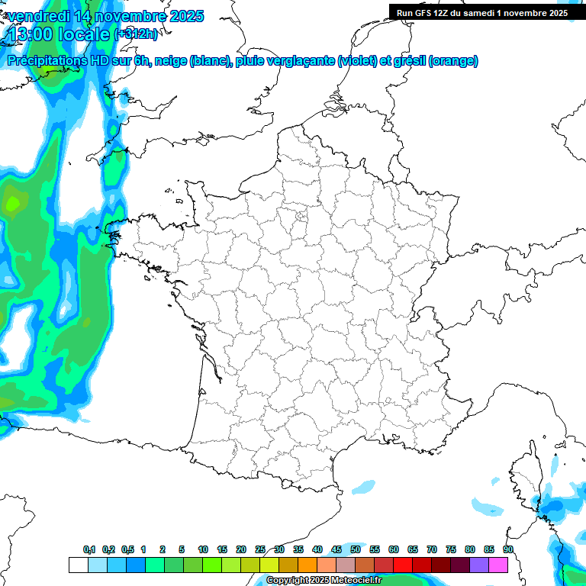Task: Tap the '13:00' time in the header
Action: (x=35, y=34)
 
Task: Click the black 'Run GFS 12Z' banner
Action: (x=481, y=12)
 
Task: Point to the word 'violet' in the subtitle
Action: (x=356, y=61)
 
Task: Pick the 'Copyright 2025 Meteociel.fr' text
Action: (x=324, y=581)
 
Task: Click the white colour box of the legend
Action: (x=78, y=565)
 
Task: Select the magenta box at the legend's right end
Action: (x=498, y=565)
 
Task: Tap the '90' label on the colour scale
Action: (x=508, y=550)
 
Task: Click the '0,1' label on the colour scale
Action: (x=89, y=550)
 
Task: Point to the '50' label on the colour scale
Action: (x=356, y=550)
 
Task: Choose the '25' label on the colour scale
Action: (x=260, y=550)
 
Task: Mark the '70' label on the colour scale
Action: (x=432, y=550)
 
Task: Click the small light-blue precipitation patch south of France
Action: (x=364, y=486)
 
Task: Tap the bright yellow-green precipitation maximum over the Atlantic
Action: (x=13, y=204)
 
